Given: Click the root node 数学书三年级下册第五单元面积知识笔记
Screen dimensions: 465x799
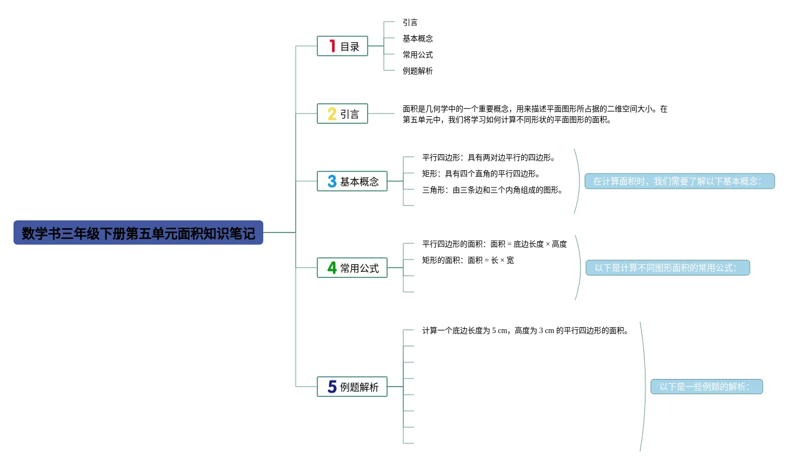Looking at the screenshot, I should click(138, 233).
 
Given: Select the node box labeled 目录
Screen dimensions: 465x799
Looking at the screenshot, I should click(342, 46).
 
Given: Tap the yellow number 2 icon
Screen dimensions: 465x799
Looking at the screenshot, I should click(332, 114).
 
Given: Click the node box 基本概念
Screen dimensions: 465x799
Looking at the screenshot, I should click(352, 182).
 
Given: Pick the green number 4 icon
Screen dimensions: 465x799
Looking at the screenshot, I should click(332, 268).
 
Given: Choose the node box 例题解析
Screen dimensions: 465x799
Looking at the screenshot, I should click(352, 387).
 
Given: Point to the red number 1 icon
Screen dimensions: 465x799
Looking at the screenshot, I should click(332, 46).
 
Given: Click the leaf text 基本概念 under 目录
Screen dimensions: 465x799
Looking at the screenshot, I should click(417, 39).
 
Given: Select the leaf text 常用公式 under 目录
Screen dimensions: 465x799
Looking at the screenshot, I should click(417, 55).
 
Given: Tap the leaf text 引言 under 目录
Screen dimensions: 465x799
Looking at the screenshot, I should click(410, 23).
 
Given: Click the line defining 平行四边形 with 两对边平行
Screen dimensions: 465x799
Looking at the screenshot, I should click(489, 158).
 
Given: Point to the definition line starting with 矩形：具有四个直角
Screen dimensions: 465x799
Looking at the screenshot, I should click(481, 174).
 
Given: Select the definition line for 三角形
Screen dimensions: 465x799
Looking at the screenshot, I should click(492, 190).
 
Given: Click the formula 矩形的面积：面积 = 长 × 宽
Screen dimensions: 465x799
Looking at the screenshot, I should click(468, 261).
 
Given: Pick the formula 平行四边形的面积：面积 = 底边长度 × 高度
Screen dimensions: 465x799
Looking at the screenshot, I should click(495, 244).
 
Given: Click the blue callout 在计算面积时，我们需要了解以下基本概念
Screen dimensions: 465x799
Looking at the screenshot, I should click(680, 182).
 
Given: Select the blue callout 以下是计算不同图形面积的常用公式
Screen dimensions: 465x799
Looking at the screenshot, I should click(668, 268).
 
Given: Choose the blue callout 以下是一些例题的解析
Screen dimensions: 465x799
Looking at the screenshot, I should click(707, 387).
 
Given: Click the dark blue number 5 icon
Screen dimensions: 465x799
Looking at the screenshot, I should click(332, 387).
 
